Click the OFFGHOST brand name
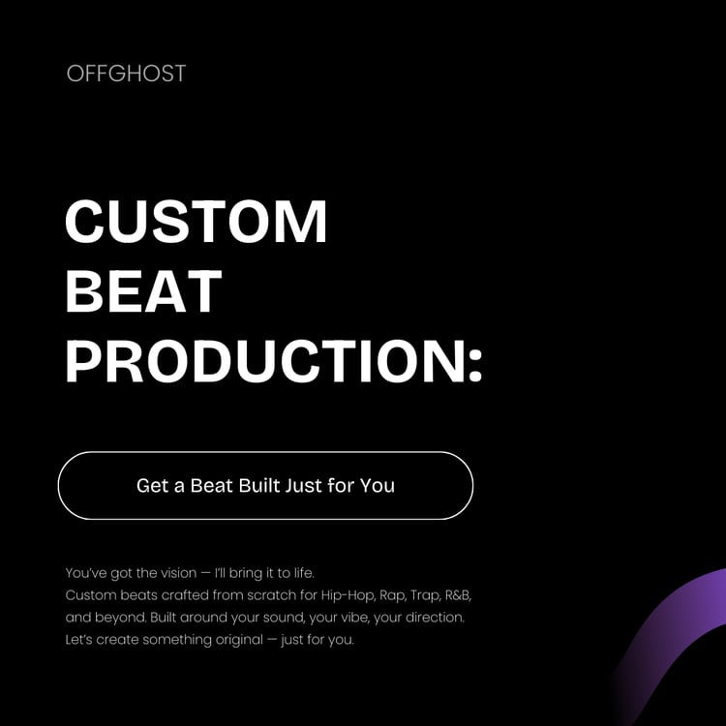[x=126, y=74]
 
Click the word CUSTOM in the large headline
[x=197, y=222]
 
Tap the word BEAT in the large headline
[x=143, y=291]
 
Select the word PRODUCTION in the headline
[x=255, y=360]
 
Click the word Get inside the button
[x=153, y=485]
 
